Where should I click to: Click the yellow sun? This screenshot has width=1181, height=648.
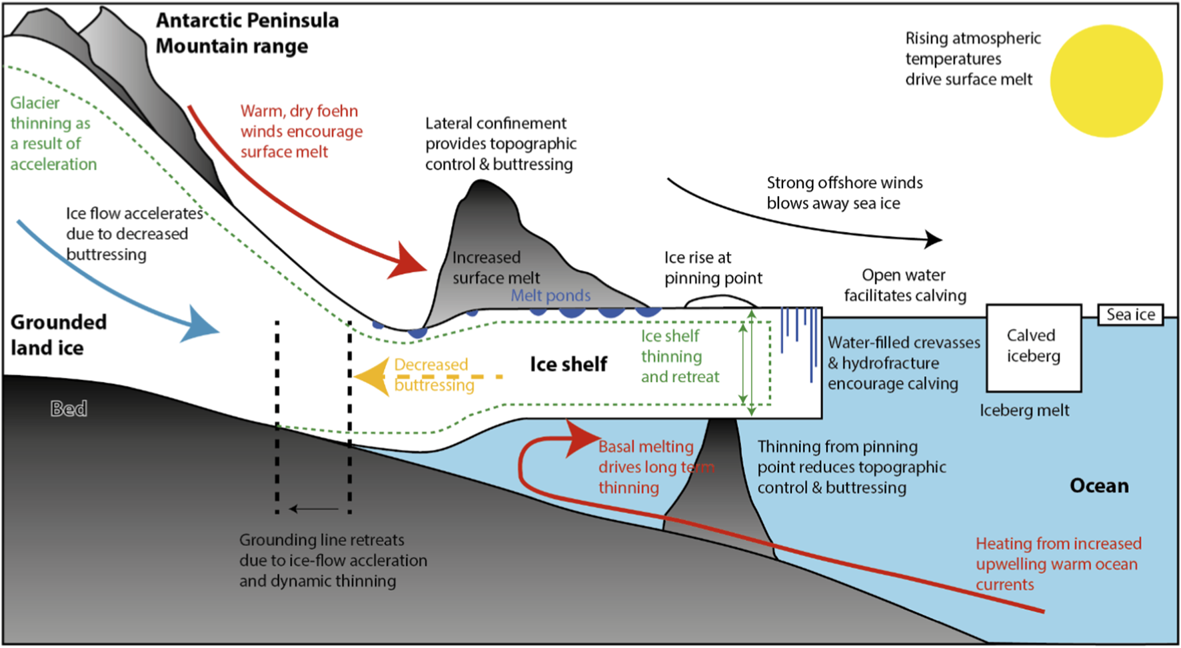pos(1106,81)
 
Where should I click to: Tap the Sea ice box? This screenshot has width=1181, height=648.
pos(1130,315)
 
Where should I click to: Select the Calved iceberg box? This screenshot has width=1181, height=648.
pos(1033,347)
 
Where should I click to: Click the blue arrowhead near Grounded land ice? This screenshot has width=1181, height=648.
pos(200,325)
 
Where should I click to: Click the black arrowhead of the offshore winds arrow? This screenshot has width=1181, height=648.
pos(934,239)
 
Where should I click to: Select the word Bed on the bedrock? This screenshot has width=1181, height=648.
pos(69,409)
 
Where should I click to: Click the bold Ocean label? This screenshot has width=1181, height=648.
pos(1099,486)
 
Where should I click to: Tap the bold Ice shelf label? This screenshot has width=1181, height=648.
pos(569,364)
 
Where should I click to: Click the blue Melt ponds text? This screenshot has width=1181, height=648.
pos(551,295)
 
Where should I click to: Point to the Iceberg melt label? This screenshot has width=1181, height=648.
pos(1024,411)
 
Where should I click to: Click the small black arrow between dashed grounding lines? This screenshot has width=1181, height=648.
pos(313,509)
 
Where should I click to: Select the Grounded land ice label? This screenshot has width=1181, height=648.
pos(58,335)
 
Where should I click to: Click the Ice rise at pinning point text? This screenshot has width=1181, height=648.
pos(712,268)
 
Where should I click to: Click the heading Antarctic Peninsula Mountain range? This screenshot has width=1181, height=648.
pos(247,33)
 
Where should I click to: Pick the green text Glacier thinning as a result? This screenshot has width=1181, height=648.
pos(53,133)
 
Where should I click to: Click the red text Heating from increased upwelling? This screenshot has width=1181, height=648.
pos(1058,564)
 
